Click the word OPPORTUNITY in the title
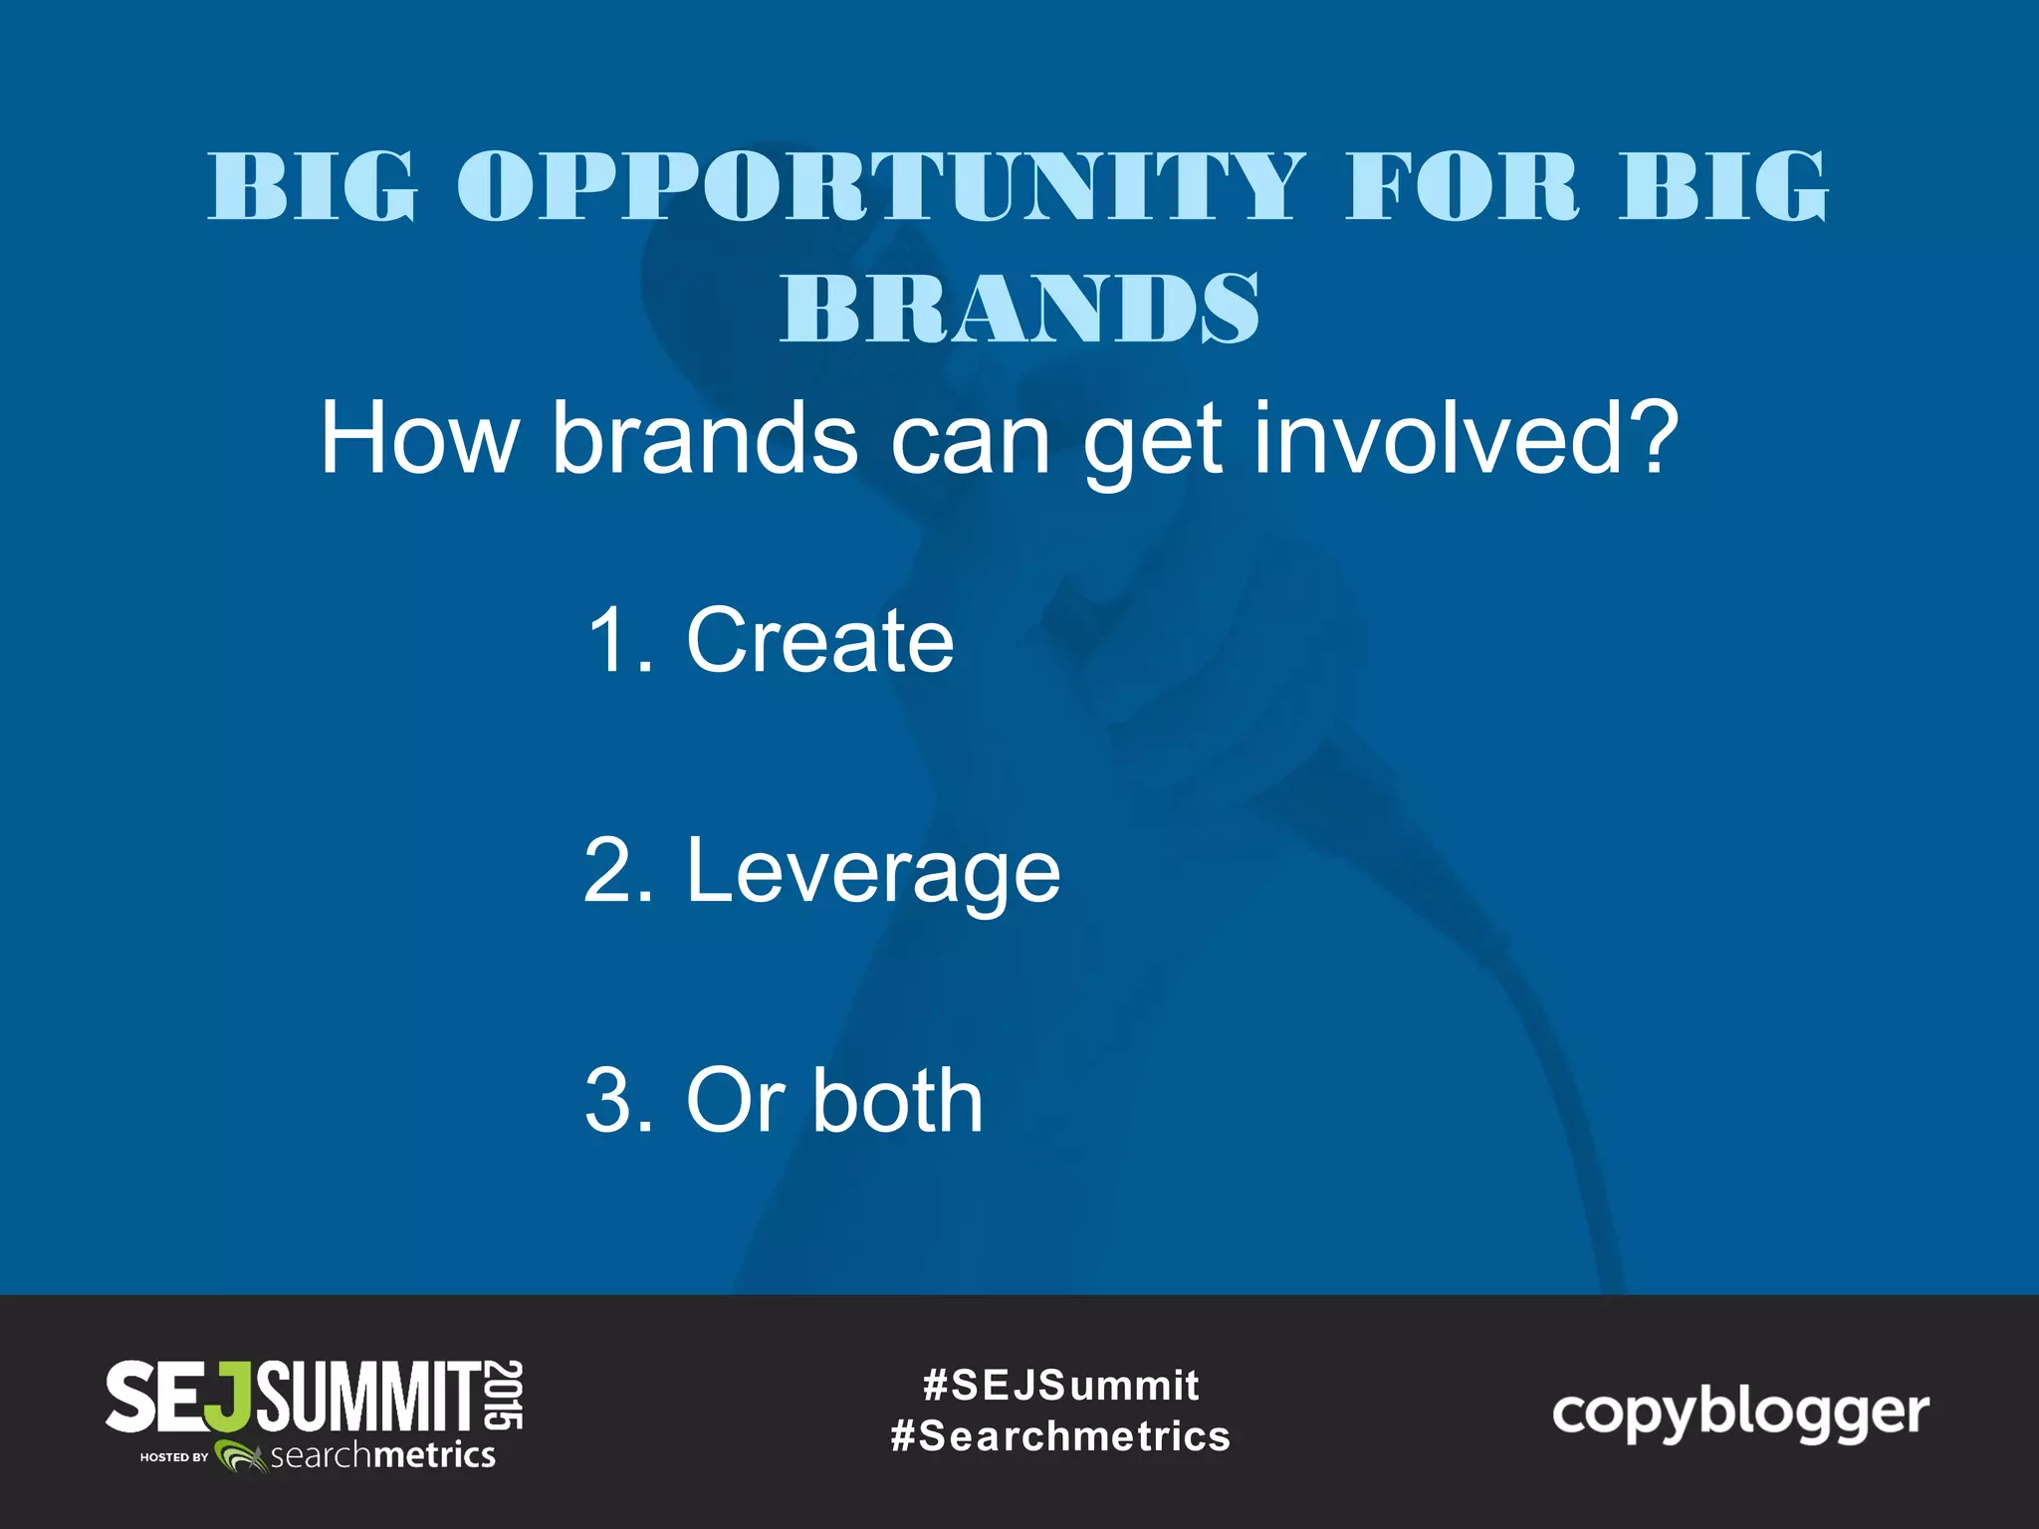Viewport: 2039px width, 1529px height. (x=880, y=187)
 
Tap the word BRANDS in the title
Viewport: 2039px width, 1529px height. (x=1019, y=309)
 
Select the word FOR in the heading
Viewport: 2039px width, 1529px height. (x=1462, y=187)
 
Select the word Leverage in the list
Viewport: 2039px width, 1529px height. (x=873, y=872)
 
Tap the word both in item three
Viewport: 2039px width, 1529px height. (x=898, y=1101)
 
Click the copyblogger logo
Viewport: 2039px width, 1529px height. (x=1740, y=1415)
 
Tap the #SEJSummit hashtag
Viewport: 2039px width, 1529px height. (x=1060, y=1385)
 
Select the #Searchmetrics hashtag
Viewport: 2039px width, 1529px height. (x=1060, y=1436)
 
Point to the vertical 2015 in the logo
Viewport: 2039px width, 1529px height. (x=507, y=1395)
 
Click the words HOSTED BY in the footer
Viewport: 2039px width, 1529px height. (x=174, y=1457)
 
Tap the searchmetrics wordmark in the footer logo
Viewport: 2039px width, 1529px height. (x=382, y=1456)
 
